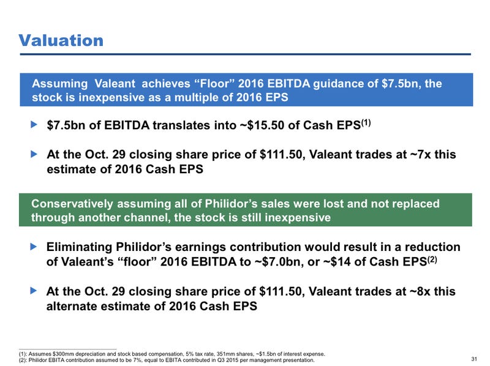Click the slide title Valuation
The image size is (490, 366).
click(61, 40)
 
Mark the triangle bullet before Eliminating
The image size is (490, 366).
click(34, 247)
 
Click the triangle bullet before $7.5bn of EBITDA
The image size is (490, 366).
click(34, 126)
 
